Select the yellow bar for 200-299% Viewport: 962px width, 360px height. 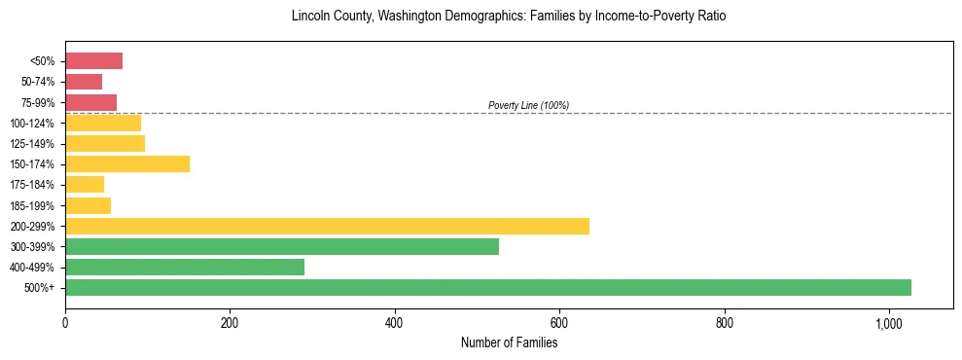pyautogui.click(x=327, y=226)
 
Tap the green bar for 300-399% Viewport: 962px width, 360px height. pyautogui.click(x=282, y=246)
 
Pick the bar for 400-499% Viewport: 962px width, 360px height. pyautogui.click(x=185, y=267)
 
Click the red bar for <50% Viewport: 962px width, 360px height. pyautogui.click(x=93, y=61)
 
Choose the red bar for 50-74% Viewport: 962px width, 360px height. pyautogui.click(x=84, y=82)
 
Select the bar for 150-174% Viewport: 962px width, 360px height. pyautogui.click(x=127, y=163)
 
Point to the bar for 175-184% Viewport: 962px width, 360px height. pyautogui.click(x=85, y=185)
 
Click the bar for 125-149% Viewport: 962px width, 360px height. pyautogui.click(x=105, y=143)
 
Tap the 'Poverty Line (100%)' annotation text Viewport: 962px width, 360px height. pyautogui.click(x=528, y=105)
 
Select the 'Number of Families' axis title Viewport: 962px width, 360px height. pyautogui.click(x=509, y=342)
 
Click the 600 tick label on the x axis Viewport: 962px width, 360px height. pyautogui.click(x=559, y=324)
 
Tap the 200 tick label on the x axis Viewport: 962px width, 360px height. pyautogui.click(x=230, y=324)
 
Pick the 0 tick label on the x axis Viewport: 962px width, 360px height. pyautogui.click(x=65, y=324)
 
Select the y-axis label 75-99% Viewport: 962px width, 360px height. pyautogui.click(x=39, y=102)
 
